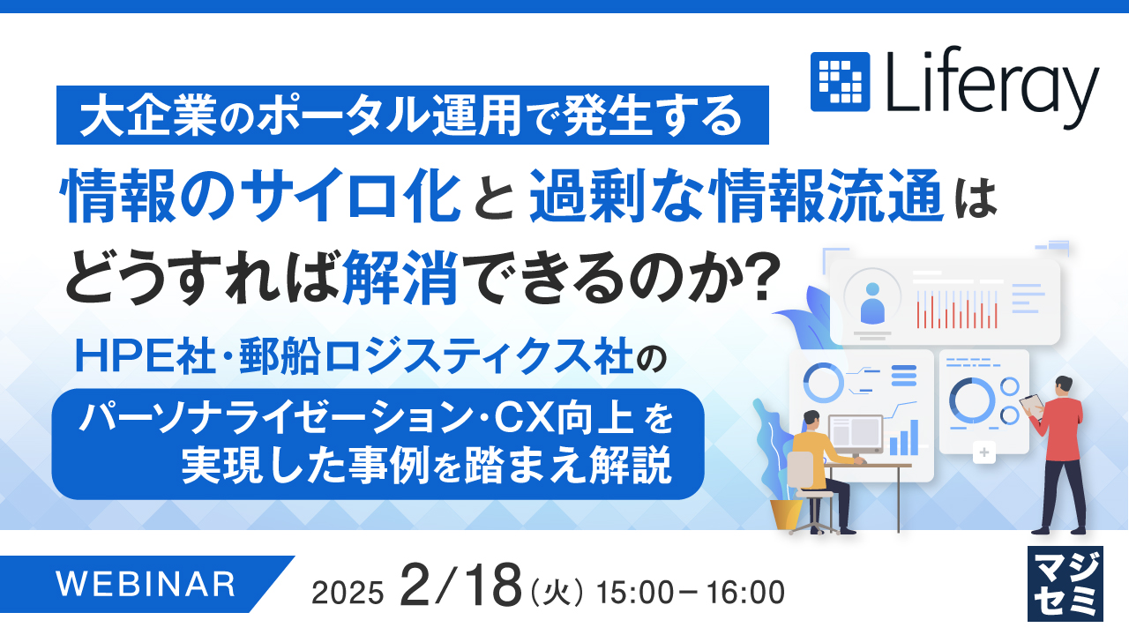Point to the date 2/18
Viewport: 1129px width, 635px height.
tap(459, 586)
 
